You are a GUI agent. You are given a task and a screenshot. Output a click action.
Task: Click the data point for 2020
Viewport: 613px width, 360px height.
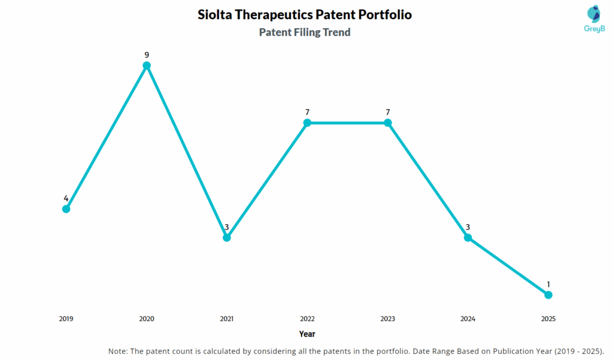147,65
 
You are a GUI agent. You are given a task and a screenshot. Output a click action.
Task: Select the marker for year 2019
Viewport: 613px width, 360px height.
66,208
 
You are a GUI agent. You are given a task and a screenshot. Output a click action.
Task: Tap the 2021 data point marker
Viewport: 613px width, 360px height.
227,237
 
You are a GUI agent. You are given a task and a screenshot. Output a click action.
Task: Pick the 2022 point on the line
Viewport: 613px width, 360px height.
307,123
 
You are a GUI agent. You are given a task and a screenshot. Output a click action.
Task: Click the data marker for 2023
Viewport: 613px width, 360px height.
387,123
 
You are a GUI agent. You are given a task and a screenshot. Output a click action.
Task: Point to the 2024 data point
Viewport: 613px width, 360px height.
468,237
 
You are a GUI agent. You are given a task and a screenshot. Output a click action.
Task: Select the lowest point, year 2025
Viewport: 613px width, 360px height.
548,295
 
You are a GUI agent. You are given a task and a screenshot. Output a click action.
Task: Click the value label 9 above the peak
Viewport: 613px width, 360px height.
147,55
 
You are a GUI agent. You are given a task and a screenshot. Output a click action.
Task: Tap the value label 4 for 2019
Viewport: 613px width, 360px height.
66,198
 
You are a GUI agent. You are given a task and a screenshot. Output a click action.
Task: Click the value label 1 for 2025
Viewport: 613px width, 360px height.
548,285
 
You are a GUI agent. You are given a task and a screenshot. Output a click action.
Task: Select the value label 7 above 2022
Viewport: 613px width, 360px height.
307,113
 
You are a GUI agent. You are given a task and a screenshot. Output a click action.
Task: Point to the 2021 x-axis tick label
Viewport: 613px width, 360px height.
227,319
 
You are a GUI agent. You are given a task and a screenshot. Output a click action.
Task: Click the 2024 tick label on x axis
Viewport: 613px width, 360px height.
468,319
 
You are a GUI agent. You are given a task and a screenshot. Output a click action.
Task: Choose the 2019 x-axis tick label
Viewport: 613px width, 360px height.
66,319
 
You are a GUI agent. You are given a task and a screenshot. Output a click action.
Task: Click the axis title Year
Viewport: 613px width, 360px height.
307,334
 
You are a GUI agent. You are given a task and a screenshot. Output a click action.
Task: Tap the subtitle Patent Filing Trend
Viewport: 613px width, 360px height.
305,32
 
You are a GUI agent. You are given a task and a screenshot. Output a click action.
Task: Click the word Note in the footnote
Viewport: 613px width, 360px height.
118,350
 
